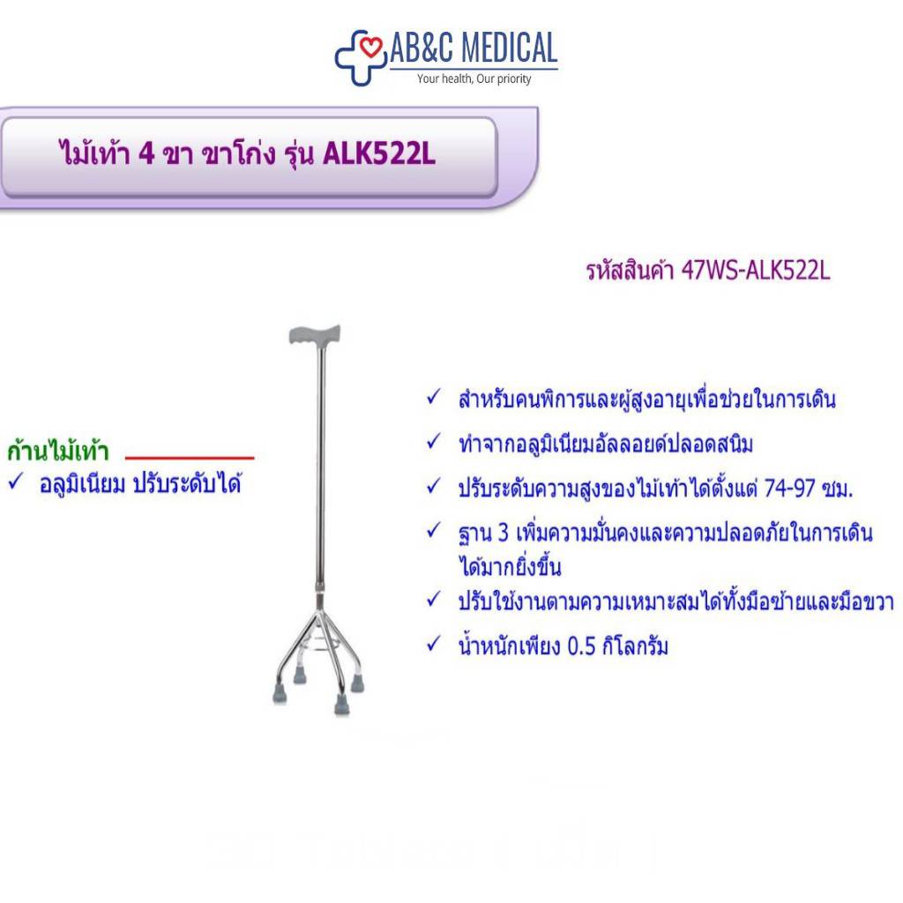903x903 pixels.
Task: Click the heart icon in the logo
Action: [370, 47]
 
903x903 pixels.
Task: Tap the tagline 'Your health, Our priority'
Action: [474, 78]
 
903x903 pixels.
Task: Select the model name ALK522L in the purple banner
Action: [379, 153]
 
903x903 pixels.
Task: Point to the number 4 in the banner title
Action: [147, 153]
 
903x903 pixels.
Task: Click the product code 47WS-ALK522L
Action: [756, 270]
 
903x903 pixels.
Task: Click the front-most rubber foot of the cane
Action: [341, 705]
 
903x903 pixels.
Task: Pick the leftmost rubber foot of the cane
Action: [280, 694]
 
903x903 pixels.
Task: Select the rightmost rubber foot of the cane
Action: [358, 683]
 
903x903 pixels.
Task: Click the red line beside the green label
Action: [190, 458]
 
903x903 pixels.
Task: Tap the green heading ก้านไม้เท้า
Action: [58, 450]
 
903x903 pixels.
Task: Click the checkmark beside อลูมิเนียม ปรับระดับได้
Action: [16, 481]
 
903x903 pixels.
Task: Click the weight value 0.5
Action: [581, 646]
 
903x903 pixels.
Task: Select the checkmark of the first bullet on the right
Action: [434, 397]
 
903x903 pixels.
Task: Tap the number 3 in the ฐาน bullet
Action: [503, 533]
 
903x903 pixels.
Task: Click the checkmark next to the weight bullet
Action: [434, 643]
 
